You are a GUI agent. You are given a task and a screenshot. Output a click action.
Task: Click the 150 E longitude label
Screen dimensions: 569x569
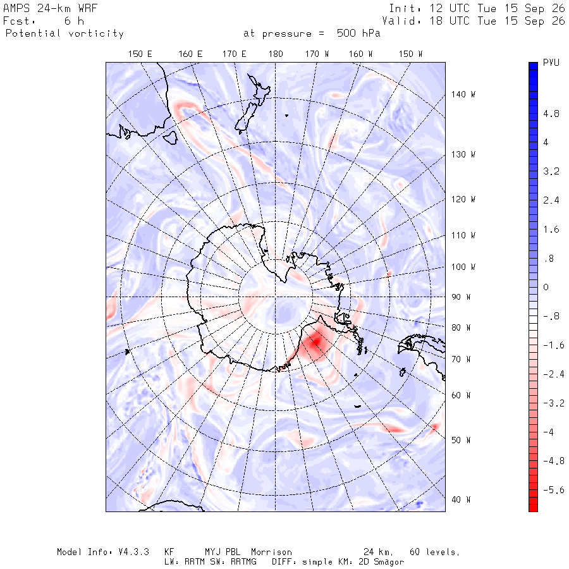pos(140,54)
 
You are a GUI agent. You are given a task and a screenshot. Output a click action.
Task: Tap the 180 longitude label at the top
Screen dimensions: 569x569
pos(276,54)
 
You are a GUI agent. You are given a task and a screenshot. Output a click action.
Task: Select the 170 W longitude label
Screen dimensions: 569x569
pos(317,54)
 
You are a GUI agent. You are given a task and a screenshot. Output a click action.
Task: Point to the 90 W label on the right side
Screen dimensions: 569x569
pos(461,297)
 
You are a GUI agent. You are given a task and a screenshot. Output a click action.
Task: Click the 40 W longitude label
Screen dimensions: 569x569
pos(461,499)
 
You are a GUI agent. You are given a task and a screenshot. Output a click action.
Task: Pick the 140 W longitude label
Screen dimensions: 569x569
pos(463,94)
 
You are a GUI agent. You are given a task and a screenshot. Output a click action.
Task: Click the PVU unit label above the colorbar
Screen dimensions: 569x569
pos(551,63)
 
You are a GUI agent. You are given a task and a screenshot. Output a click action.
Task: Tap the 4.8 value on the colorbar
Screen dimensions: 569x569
pos(551,114)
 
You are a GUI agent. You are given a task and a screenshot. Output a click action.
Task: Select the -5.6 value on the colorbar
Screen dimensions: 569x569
pos(553,490)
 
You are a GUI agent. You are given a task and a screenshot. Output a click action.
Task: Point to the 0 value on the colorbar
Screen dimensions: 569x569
pos(546,287)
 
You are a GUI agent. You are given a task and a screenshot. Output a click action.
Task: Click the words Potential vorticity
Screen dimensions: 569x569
pos(64,34)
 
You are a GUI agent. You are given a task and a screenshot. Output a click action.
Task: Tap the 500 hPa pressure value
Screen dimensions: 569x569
pos(358,34)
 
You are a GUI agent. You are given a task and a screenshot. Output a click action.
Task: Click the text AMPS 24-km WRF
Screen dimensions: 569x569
pos(50,8)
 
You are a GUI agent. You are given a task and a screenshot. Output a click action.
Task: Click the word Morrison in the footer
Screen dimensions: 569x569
pos(271,552)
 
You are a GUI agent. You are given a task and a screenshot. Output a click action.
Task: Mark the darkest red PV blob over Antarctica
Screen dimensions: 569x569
pos(315,342)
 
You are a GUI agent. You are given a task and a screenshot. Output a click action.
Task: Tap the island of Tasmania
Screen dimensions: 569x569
pos(170,138)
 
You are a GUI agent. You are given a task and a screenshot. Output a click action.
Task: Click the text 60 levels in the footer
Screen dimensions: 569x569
pos(434,552)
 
